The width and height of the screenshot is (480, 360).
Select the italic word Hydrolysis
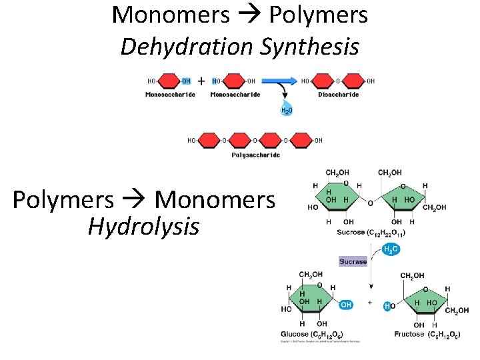pos(143,227)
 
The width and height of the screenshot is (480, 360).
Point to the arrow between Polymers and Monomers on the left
pos(138,199)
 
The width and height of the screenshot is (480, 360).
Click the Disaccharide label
pos(338,95)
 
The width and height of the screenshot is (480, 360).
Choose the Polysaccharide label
pos(255,155)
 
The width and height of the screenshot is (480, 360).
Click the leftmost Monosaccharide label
pos(170,95)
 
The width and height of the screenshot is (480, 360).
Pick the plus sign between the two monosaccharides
pos(201,81)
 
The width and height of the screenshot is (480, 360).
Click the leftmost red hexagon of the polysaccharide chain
pos(209,140)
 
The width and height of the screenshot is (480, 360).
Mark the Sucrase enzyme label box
pos(353,261)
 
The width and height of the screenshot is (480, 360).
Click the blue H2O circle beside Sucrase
pos(391,249)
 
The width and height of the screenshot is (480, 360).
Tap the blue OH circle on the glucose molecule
pos(345,305)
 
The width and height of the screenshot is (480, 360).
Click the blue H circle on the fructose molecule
pos(387,306)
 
